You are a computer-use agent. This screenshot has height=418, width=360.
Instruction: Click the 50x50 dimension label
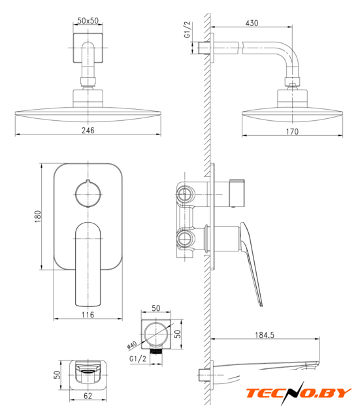[x=88, y=20]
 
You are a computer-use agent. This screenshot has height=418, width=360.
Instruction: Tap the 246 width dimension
[x=88, y=130]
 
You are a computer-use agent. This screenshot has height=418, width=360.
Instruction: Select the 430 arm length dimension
[x=252, y=24]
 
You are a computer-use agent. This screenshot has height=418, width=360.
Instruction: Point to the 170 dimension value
[x=292, y=131]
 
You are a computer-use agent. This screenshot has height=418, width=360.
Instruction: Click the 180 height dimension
[x=38, y=216]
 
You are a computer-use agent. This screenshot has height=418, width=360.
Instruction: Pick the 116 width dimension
[x=88, y=315]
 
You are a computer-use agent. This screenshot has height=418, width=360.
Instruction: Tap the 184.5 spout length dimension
[x=265, y=335]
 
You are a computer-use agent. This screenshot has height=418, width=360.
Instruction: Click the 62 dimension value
[x=88, y=396]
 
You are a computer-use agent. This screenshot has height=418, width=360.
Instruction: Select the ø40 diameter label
[x=132, y=345]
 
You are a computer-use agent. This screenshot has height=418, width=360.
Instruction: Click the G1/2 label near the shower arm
[x=188, y=29]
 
